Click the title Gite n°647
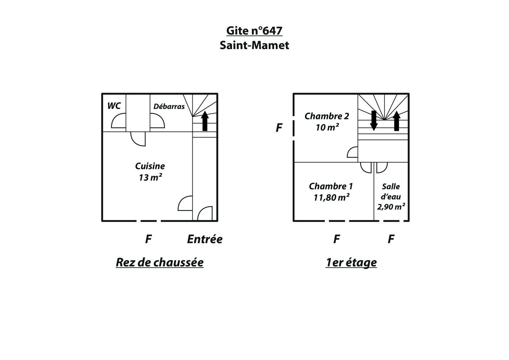[x=254, y=31]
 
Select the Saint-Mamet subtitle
[x=254, y=45]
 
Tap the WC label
[x=114, y=106]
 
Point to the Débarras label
[x=169, y=106]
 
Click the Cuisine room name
[x=150, y=166]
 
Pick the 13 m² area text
[x=150, y=177]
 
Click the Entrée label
[x=205, y=239]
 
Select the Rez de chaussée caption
[x=160, y=263]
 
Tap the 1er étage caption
[x=351, y=263]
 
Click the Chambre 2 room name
[x=327, y=116]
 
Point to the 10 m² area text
[x=327, y=127]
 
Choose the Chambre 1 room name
[x=331, y=186]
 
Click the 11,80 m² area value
[x=332, y=197]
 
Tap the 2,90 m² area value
[x=391, y=207]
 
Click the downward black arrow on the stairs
[x=374, y=121]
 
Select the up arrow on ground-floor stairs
[x=205, y=121]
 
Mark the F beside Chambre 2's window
[x=279, y=128]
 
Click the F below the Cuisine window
[x=148, y=239]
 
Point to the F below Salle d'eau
[x=391, y=239]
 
